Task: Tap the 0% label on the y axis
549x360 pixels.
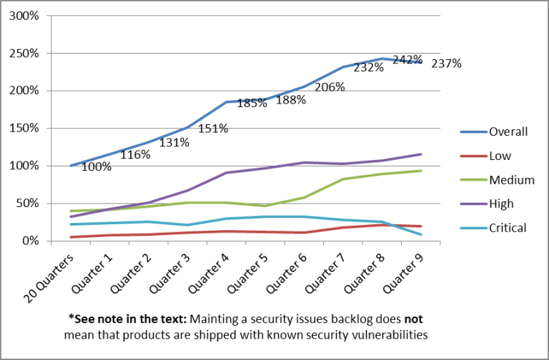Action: click(34, 241)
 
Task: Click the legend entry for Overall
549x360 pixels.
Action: click(508, 131)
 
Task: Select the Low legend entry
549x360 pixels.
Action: click(500, 156)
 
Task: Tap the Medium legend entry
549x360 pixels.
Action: click(511, 180)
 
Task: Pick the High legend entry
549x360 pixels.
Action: click(501, 204)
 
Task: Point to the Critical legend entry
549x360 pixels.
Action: click(508, 228)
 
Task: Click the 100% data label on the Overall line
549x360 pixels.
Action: click(96, 167)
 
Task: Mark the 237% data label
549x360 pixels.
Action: click(446, 64)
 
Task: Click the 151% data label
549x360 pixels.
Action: click(213, 129)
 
